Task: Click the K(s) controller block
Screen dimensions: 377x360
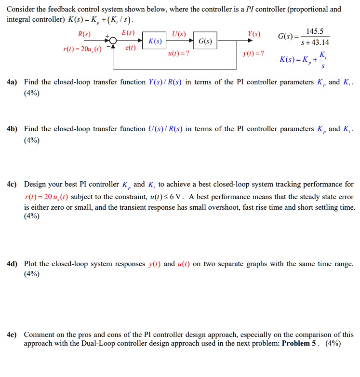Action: coord(155,41)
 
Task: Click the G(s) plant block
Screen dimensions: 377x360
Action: coord(205,41)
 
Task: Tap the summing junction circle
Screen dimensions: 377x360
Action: coord(113,41)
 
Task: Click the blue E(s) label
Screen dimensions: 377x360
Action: coord(128,33)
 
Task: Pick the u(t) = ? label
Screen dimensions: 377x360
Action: coord(178,54)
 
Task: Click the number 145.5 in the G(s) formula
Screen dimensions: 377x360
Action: coord(315,31)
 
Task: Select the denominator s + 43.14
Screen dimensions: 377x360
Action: coord(315,42)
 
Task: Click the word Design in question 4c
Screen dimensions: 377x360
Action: coord(35,184)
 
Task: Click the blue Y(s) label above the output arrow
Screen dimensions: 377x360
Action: coord(253,34)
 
